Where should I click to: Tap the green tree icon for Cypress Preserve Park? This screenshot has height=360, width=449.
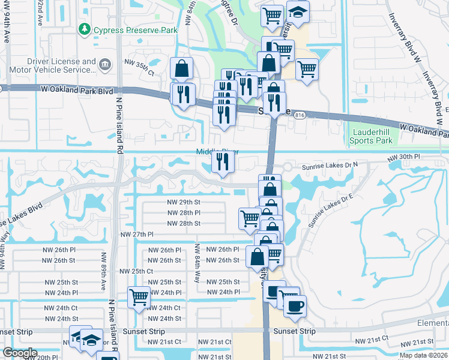point(84,29)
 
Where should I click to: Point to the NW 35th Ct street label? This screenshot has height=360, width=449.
point(139,62)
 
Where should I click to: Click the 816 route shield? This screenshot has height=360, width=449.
point(300,115)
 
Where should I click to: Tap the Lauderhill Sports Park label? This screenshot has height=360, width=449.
point(371,136)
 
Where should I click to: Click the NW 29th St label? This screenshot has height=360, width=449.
point(184,202)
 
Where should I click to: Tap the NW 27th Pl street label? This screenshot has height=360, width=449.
point(137,235)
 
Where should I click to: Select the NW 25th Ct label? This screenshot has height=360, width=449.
point(136,271)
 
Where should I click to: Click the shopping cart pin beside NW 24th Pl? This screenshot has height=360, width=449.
point(139,297)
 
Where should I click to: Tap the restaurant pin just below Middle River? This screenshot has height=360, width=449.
point(223,162)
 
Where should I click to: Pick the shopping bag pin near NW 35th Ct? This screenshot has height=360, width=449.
point(181,69)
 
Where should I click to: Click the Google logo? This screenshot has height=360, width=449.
point(20,353)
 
